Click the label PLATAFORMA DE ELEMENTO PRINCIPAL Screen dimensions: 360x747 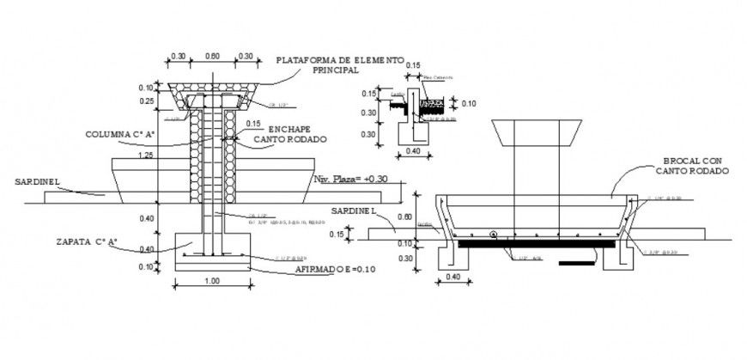click(339, 66)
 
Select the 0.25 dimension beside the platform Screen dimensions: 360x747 click(147, 101)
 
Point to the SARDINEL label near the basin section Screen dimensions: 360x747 click(355, 211)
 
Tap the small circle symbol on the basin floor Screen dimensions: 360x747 click(494, 234)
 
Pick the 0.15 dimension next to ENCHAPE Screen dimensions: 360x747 click(253, 123)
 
